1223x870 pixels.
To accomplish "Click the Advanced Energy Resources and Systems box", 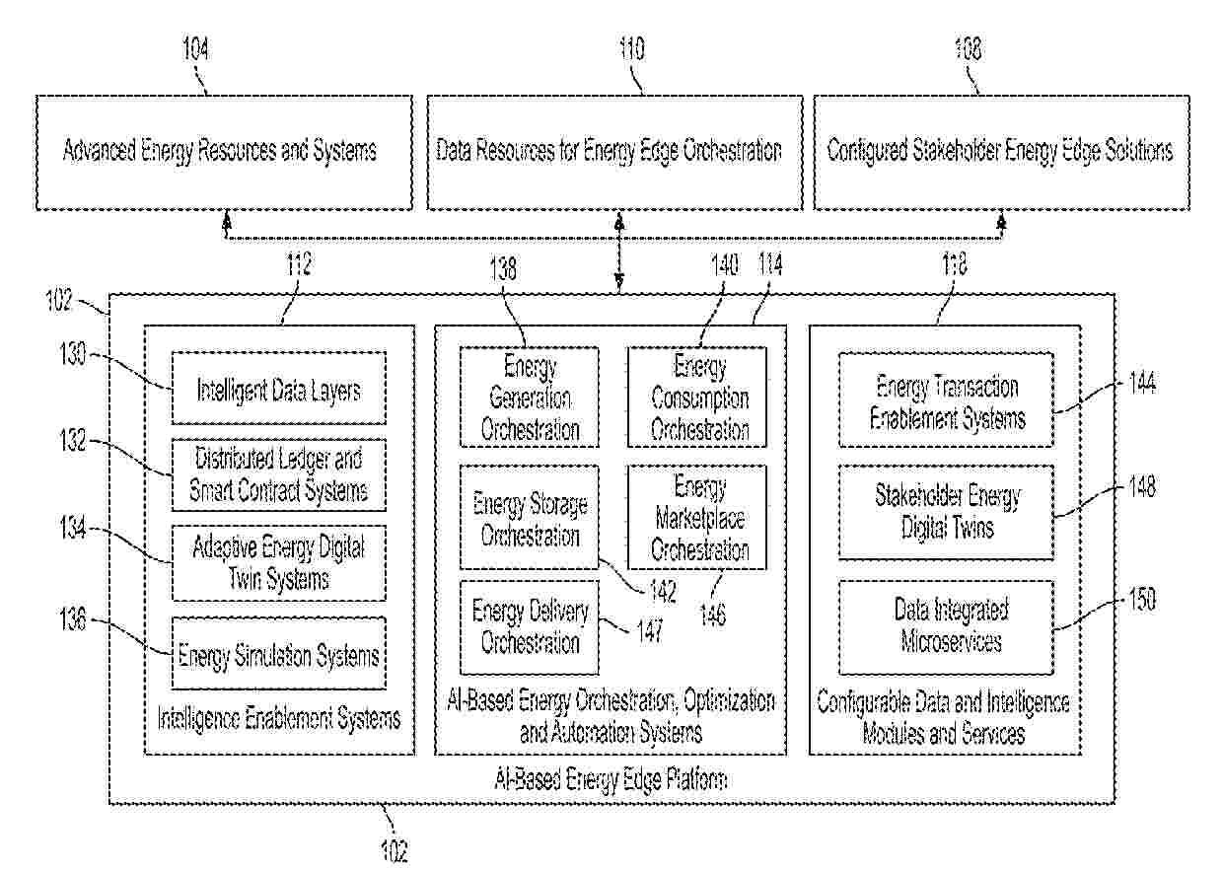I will (224, 152).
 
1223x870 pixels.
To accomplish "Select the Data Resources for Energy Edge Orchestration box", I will (613, 152).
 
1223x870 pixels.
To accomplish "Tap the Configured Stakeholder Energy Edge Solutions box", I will (1001, 152).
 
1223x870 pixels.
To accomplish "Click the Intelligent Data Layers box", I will (278, 389).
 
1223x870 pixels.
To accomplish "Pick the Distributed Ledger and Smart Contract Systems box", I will (278, 474).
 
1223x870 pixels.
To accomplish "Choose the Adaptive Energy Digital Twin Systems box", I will (278, 562).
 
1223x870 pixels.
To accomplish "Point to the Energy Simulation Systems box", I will (278, 654).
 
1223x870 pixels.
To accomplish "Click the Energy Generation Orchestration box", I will (530, 398).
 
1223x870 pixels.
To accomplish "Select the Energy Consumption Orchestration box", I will (698, 398).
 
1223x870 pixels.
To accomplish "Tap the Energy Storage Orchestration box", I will (530, 519).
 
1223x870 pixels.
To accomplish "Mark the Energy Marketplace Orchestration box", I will (698, 519).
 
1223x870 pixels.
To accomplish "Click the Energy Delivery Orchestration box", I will (530, 627).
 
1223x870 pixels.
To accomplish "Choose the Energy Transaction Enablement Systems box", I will (946, 401).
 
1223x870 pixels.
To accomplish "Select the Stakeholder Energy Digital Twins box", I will (946, 511).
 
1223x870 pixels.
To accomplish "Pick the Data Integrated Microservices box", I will (946, 625).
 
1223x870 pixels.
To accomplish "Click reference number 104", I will (195, 50).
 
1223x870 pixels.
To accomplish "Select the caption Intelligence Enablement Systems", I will (279, 718).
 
